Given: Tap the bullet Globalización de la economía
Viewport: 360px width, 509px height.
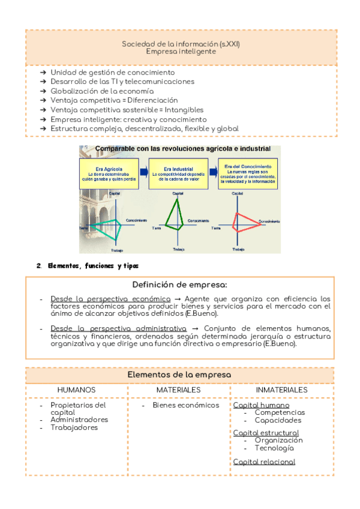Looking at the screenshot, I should pyautogui.click(x=102, y=91).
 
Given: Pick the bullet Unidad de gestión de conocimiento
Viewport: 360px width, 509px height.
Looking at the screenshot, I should pyautogui.click(x=113, y=72).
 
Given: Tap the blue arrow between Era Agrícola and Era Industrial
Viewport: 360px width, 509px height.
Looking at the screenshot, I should pyautogui.click(x=144, y=170).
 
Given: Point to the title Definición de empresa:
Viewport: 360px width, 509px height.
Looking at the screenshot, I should pyautogui.click(x=180, y=284).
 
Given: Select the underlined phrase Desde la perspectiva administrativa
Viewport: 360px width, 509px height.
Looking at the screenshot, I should pyautogui.click(x=119, y=328).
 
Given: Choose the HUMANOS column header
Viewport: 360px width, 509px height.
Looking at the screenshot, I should pyautogui.click(x=76, y=390).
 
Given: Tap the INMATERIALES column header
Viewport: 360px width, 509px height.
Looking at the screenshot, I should pyautogui.click(x=281, y=390).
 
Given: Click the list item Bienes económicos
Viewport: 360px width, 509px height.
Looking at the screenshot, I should pyautogui.click(x=186, y=405).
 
